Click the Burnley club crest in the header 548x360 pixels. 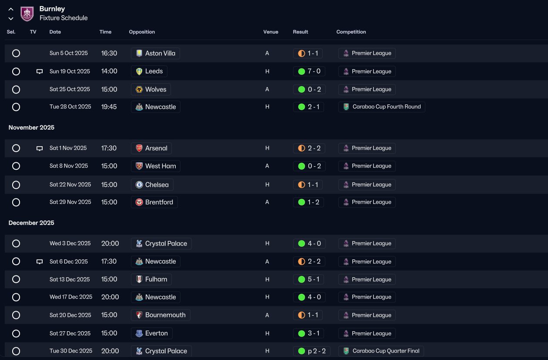click(27, 14)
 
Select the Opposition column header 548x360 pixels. click(142, 32)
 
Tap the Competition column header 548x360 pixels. click(351, 32)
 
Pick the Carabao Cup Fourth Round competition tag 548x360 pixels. click(382, 107)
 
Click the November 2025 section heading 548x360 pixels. click(31, 128)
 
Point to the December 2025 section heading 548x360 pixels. click(31, 223)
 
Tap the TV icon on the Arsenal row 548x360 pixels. click(40, 148)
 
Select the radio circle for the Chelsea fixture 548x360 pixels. click(16, 185)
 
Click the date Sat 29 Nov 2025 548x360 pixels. click(70, 202)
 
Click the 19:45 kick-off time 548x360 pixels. click(109, 107)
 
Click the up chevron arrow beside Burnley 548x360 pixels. click(11, 9)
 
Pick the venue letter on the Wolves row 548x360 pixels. click(267, 89)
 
